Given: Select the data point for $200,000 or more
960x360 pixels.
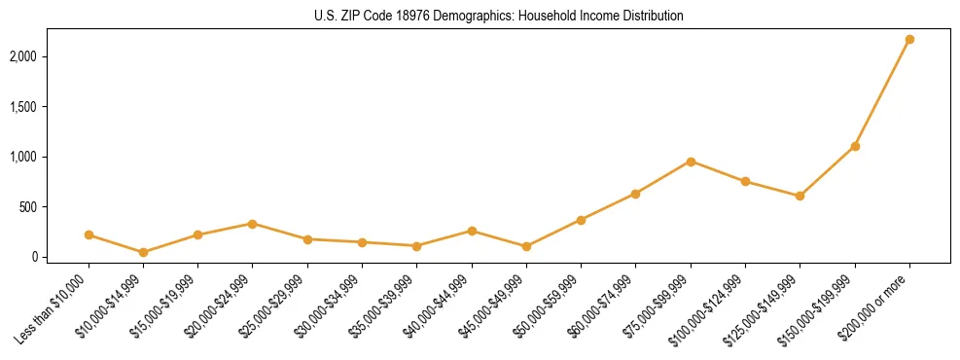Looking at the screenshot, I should point(909,39).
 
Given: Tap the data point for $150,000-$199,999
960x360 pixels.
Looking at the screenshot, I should point(855,146).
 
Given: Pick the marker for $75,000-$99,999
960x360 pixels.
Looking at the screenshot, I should point(691,162).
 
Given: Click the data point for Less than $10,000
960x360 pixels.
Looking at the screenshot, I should point(89,234).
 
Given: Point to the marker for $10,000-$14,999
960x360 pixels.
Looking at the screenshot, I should point(143,252).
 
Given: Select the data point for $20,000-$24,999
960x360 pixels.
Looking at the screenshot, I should point(253,224).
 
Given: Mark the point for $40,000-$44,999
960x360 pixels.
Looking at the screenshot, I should point(472,231).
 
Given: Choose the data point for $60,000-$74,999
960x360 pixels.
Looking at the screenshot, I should point(635,194).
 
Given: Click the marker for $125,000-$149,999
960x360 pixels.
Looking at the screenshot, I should point(800,196).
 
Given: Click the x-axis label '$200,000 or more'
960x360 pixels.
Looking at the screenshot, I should point(875,304).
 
